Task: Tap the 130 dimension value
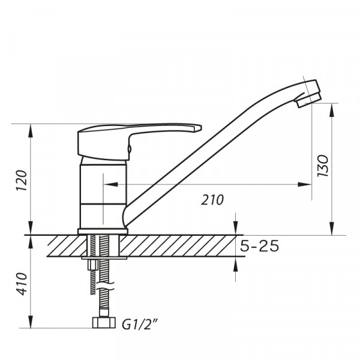[x=322, y=165]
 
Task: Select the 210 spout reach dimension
[x=213, y=200]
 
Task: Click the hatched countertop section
[x=180, y=245]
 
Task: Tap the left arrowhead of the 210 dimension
[x=109, y=185]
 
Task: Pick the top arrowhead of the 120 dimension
[x=31, y=128]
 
